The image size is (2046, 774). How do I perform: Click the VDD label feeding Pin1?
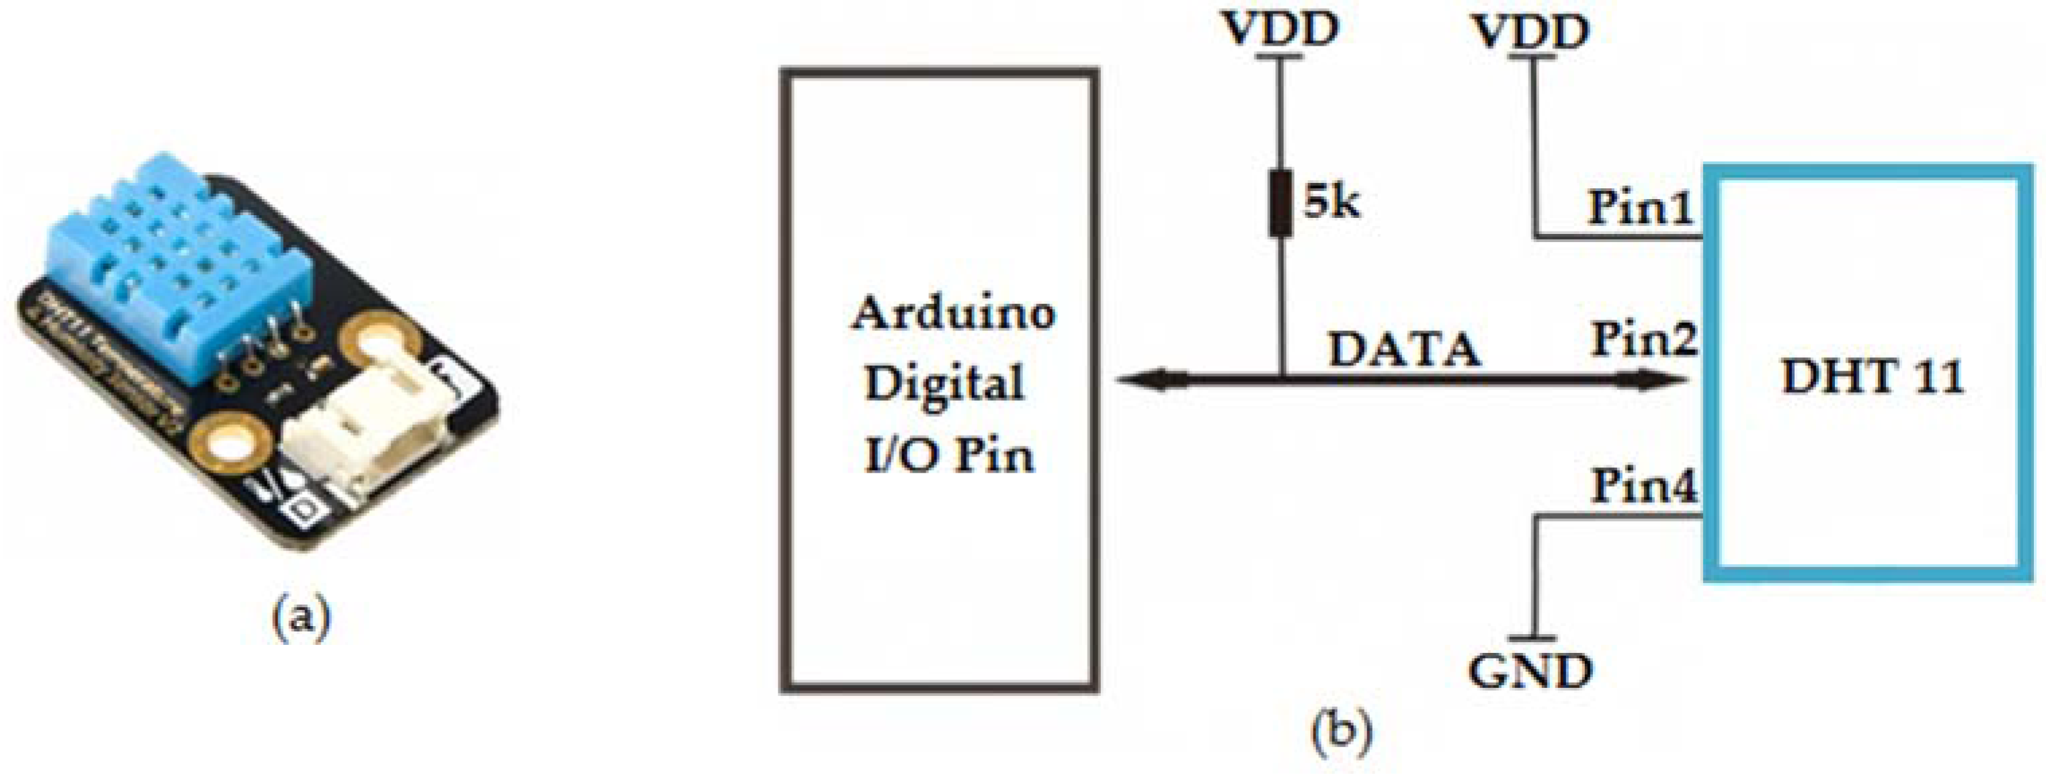[x=1530, y=32]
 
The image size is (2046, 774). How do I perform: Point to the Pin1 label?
[x=1639, y=208]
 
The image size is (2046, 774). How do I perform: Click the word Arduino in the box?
[x=953, y=313]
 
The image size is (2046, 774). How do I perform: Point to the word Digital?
[x=944, y=384]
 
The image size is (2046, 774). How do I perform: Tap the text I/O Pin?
[x=949, y=455]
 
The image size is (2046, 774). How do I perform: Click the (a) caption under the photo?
[x=300, y=618]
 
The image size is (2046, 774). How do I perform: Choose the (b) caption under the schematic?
[x=1341, y=728]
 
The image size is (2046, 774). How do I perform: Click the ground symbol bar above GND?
[x=1530, y=637]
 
